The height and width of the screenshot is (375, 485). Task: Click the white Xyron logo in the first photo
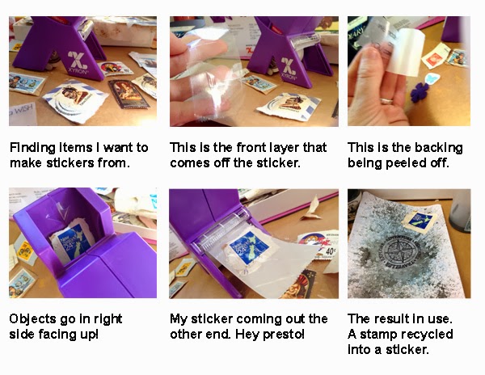tap(78, 61)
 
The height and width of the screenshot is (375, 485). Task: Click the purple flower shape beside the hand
tap(420, 92)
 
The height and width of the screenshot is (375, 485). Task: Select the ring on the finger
tap(386, 100)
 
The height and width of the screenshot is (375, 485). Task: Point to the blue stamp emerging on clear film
tap(248, 248)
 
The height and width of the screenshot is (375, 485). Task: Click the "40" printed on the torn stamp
tap(330, 251)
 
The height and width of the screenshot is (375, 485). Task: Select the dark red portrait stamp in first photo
tap(129, 94)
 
